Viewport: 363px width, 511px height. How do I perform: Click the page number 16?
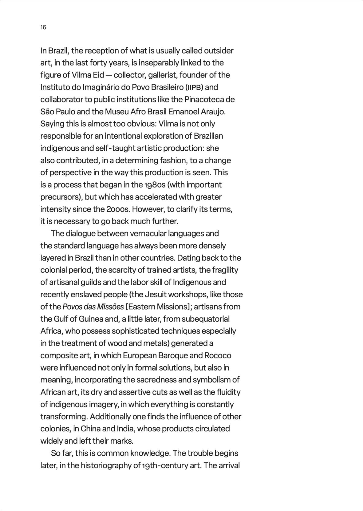coord(43,27)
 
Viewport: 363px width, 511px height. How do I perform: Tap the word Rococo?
coord(218,355)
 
